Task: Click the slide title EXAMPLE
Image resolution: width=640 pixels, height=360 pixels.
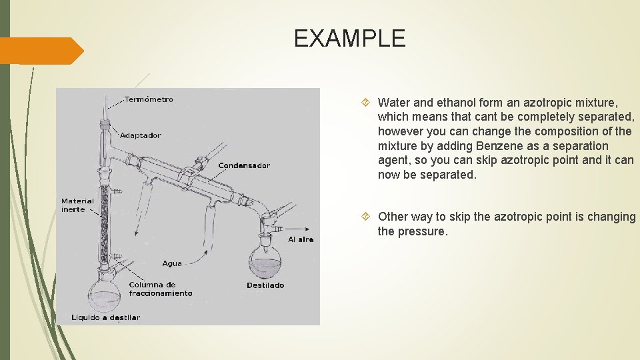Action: click(349, 39)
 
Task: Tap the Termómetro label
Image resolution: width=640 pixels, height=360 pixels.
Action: click(149, 99)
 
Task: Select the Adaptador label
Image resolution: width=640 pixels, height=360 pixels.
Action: click(140, 135)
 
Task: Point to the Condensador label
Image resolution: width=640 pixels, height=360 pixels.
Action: click(244, 165)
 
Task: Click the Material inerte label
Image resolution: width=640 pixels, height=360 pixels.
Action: click(77, 205)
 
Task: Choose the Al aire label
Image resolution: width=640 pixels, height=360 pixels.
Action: click(300, 239)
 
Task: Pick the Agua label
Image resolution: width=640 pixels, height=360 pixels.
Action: click(171, 263)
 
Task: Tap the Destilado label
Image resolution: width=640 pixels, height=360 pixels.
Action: click(265, 285)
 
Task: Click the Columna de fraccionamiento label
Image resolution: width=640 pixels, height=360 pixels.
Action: click(160, 289)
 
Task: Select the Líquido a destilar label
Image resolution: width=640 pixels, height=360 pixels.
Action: click(106, 317)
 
